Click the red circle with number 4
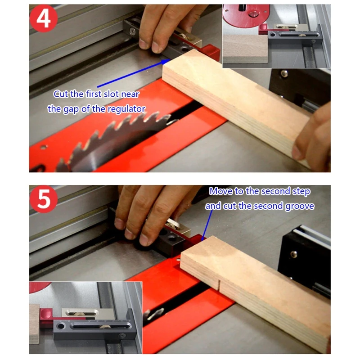tap(44, 18)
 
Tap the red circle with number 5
tap(44, 199)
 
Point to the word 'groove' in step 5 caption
tap(300, 206)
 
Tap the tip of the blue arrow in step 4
tap(170, 59)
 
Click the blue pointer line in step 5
tap(207, 225)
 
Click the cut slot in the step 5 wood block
tap(219, 285)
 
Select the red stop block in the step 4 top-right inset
tap(264, 29)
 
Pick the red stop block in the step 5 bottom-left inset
tap(46, 316)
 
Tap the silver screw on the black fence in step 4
tap(284, 73)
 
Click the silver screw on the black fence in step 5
tap(294, 254)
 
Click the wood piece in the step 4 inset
tap(245, 49)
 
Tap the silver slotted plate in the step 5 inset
tap(80, 313)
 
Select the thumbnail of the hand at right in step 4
tap(298, 152)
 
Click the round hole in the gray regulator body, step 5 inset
tap(61, 326)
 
